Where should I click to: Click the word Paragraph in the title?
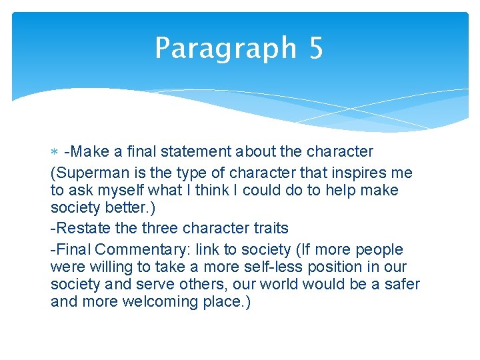tap(225, 49)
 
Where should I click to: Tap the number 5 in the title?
tap(315, 49)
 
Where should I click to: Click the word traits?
tap(267, 228)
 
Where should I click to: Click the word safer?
tap(402, 284)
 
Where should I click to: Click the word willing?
tap(105, 267)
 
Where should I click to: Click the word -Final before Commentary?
tap(71, 249)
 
